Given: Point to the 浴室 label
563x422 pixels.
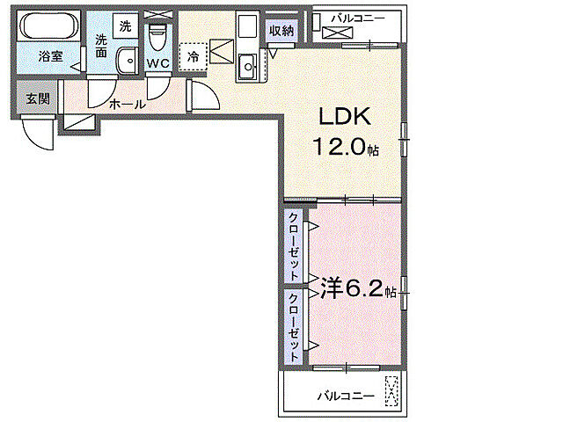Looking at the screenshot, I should (50, 56).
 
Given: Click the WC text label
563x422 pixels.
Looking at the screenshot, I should (158, 63).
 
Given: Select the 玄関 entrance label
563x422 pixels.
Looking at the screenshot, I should (37, 98).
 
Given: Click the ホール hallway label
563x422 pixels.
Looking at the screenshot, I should (128, 104).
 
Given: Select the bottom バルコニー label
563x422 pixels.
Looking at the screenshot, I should (346, 397).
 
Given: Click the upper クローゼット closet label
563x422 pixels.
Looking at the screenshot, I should (292, 245).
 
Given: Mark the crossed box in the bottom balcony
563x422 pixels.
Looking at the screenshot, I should (393, 392).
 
